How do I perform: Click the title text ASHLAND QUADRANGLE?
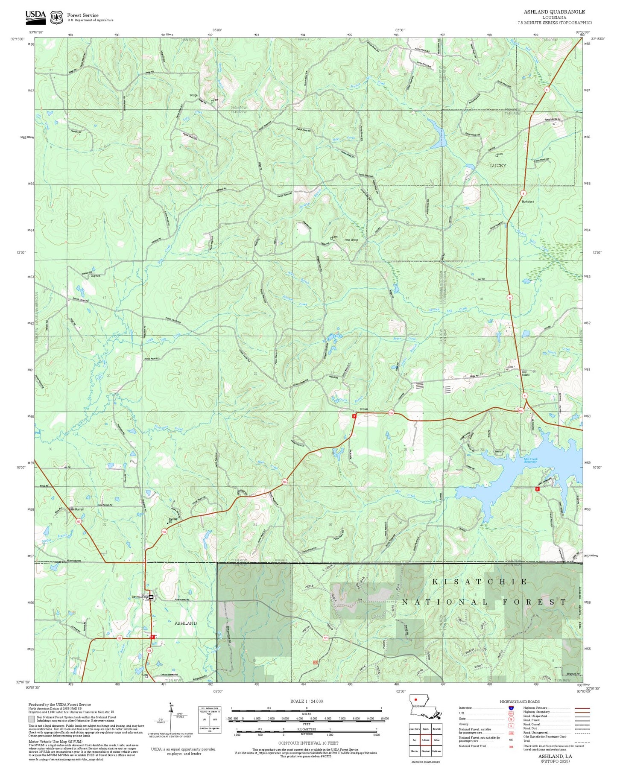click(554, 12)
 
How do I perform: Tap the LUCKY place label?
click(498, 165)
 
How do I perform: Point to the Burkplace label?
click(527, 201)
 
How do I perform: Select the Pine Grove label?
click(351, 240)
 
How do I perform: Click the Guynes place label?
click(95, 276)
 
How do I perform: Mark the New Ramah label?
click(76, 509)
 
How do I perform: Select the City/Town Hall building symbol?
click(151, 597)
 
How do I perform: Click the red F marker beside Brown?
click(354, 416)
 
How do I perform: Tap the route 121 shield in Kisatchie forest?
click(326, 638)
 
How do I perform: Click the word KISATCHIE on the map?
click(480, 582)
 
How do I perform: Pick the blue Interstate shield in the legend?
click(511, 708)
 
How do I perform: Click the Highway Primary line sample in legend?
click(582, 708)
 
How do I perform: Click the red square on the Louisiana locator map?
click(415, 711)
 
